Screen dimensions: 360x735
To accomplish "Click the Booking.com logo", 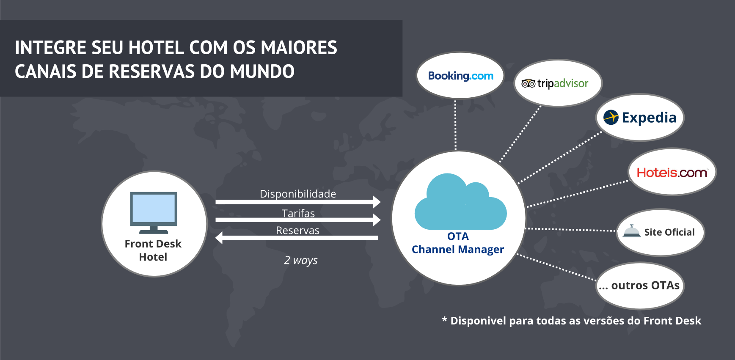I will pos(460,76).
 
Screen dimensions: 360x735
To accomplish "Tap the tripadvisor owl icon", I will pos(528,83).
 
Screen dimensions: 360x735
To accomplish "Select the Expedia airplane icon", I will pos(611,117).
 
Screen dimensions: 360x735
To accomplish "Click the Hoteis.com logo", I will pos(672,173).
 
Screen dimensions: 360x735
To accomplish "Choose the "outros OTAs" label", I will pos(640,286).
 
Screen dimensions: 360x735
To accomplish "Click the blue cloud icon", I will pos(460,203).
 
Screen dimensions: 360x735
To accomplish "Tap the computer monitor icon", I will pos(154,212).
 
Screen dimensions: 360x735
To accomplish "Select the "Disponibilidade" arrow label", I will pos(298,194).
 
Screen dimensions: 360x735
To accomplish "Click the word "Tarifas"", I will pos(298,213).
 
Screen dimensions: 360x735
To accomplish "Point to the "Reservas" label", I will pos(297,231).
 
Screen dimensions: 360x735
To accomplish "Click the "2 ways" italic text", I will pos(300,260).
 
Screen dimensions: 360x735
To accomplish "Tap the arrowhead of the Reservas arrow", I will pos(219,238).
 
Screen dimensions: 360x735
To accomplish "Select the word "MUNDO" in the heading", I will pos(262,71).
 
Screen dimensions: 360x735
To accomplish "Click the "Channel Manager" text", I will pos(458,250).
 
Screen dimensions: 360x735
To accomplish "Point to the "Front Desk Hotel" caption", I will pos(153,250).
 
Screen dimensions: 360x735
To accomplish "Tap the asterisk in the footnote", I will pos(444,320).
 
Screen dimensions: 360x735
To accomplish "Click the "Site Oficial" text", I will pos(669,232).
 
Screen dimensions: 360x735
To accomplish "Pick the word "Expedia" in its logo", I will pos(649,118).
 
